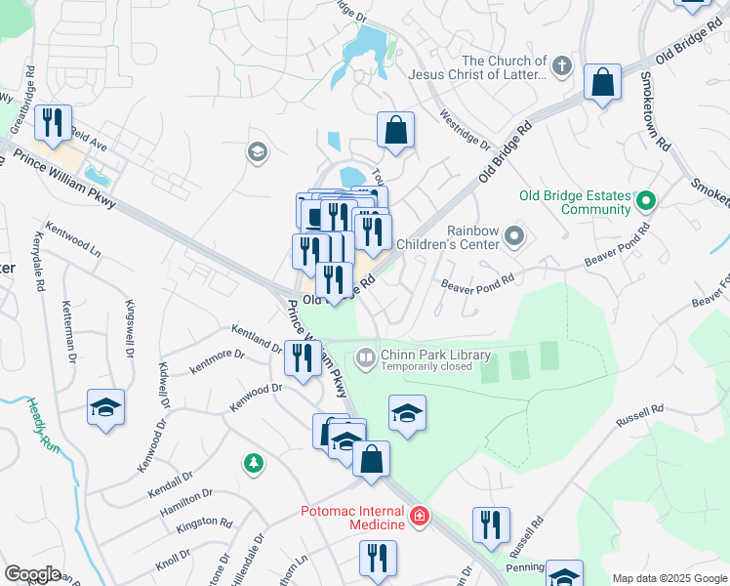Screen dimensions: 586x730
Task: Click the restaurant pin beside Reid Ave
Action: tap(51, 122)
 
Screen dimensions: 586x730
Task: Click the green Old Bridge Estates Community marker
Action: tap(644, 202)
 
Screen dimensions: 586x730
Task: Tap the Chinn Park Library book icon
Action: tap(366, 358)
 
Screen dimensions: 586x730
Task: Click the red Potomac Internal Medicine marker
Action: tap(420, 516)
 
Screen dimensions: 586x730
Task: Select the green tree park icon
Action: tap(254, 463)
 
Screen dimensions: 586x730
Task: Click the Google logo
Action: tap(32, 574)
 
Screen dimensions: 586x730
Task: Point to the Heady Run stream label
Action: tap(41, 424)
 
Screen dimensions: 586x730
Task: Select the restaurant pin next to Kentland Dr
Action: tap(301, 357)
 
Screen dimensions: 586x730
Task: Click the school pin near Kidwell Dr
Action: tap(105, 408)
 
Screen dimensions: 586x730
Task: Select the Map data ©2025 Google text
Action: tap(669, 578)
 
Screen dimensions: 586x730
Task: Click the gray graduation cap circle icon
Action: tap(258, 150)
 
